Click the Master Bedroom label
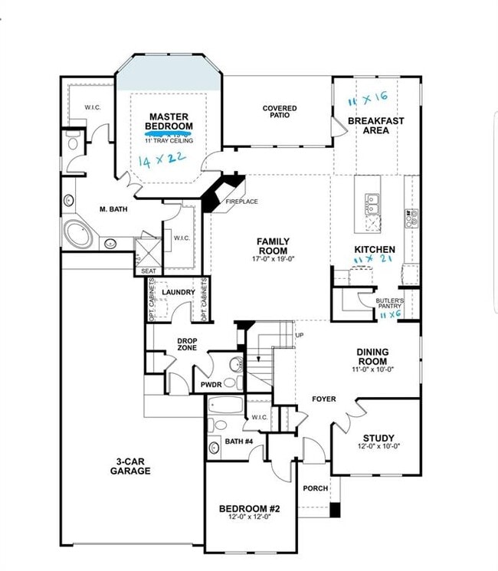click(x=169, y=121)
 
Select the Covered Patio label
click(x=280, y=113)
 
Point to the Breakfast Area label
click(x=375, y=125)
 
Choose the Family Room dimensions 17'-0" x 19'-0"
click(x=272, y=260)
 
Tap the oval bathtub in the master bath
click(x=78, y=234)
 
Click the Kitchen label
click(x=375, y=250)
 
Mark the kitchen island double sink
click(x=372, y=203)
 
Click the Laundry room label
click(x=178, y=293)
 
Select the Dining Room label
click(x=372, y=356)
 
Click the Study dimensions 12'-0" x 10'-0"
click(x=378, y=447)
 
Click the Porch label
click(x=315, y=488)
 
